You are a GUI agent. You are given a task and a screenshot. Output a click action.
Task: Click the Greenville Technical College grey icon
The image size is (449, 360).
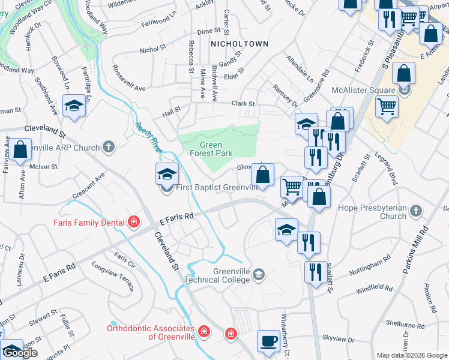point(259,275)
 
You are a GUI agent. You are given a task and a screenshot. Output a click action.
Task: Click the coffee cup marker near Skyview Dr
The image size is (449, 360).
point(268,341)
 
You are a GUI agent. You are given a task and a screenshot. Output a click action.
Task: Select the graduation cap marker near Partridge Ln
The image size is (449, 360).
point(74,105)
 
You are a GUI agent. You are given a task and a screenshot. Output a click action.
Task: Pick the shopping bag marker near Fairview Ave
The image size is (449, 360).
point(20,149)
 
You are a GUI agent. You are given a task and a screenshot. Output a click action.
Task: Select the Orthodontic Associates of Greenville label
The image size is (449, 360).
point(151,332)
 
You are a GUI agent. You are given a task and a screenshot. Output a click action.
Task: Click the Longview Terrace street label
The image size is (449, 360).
point(112,275)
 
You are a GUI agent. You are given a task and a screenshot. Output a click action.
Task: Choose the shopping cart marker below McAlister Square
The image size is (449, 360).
point(387,107)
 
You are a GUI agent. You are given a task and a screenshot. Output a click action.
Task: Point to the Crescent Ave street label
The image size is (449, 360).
point(88,187)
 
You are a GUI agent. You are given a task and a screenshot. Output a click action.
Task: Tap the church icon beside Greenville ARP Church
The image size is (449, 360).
point(109,146)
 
